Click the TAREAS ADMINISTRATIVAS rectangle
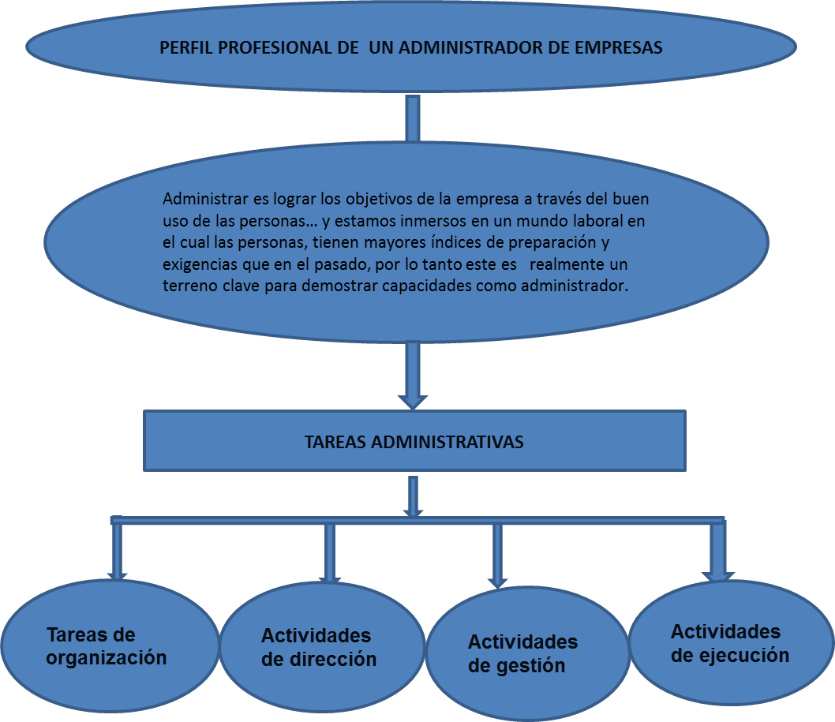click(x=414, y=440)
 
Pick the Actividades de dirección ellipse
click(x=321, y=647)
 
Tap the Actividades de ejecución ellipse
click(x=731, y=643)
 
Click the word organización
click(x=107, y=658)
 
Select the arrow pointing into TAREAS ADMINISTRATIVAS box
click(x=413, y=375)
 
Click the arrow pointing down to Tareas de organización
click(x=117, y=552)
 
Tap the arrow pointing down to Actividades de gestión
click(x=497, y=556)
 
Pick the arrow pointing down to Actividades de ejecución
click(x=718, y=552)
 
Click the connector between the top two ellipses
click(x=412, y=118)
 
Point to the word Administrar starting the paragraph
click(x=198, y=199)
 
